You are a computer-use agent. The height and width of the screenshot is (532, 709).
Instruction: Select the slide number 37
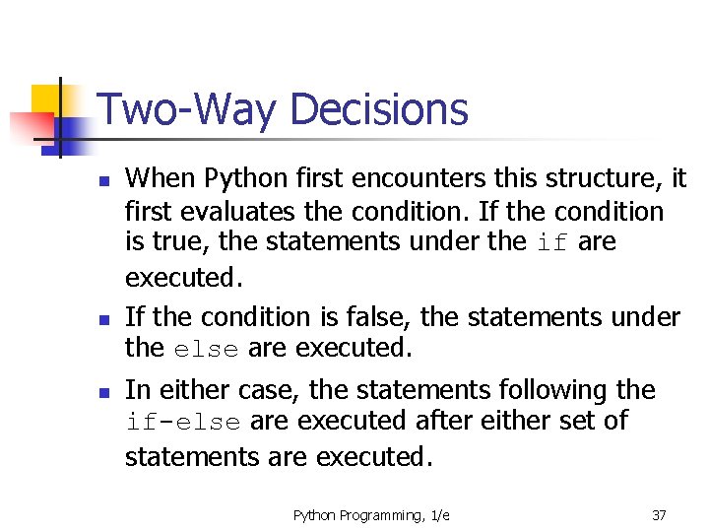pyautogui.click(x=660, y=515)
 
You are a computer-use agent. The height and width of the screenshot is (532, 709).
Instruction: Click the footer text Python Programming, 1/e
pyautogui.click(x=371, y=515)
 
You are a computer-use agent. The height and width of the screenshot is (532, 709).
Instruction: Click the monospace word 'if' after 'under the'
pyautogui.click(x=551, y=243)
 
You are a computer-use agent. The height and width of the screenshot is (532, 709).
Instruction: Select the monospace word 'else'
pyautogui.click(x=207, y=349)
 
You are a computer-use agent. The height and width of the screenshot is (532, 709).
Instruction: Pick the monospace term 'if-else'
pyautogui.click(x=183, y=423)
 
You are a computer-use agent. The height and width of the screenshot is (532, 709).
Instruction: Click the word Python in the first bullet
pyautogui.click(x=240, y=178)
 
